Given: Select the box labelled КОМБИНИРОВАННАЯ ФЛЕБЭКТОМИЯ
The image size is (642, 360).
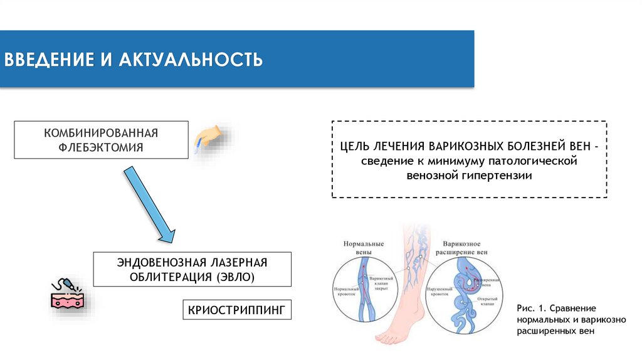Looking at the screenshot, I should click(100, 140).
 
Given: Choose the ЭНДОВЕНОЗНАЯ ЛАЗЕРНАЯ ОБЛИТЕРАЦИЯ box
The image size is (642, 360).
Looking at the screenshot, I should click(192, 269).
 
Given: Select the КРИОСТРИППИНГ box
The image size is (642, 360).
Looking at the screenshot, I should click(236, 310).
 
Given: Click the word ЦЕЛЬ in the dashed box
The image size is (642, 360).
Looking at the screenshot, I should click(354, 147).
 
